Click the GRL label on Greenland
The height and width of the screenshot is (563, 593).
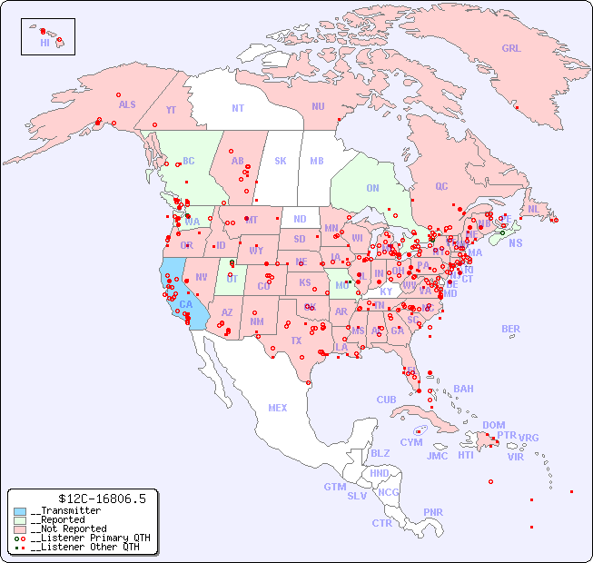511,49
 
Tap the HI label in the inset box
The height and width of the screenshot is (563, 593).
44,43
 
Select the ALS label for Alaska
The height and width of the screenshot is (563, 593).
127,104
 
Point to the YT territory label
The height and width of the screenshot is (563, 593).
171,110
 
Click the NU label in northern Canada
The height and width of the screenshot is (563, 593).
318,106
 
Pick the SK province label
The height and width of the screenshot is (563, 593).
281,161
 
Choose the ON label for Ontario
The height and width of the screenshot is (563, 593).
372,188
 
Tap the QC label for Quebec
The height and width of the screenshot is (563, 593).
441,186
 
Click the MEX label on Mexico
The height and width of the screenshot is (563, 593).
278,408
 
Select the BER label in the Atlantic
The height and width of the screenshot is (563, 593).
511,329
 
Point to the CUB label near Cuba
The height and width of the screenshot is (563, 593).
386,400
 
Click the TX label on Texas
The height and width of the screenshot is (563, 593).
296,341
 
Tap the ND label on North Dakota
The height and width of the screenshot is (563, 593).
300,219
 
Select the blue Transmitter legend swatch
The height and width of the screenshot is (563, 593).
20,511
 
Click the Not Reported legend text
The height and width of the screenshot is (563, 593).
68,528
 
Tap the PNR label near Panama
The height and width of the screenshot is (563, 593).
433,512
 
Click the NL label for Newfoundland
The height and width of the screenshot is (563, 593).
533,208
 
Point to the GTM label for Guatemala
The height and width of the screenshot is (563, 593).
334,487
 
